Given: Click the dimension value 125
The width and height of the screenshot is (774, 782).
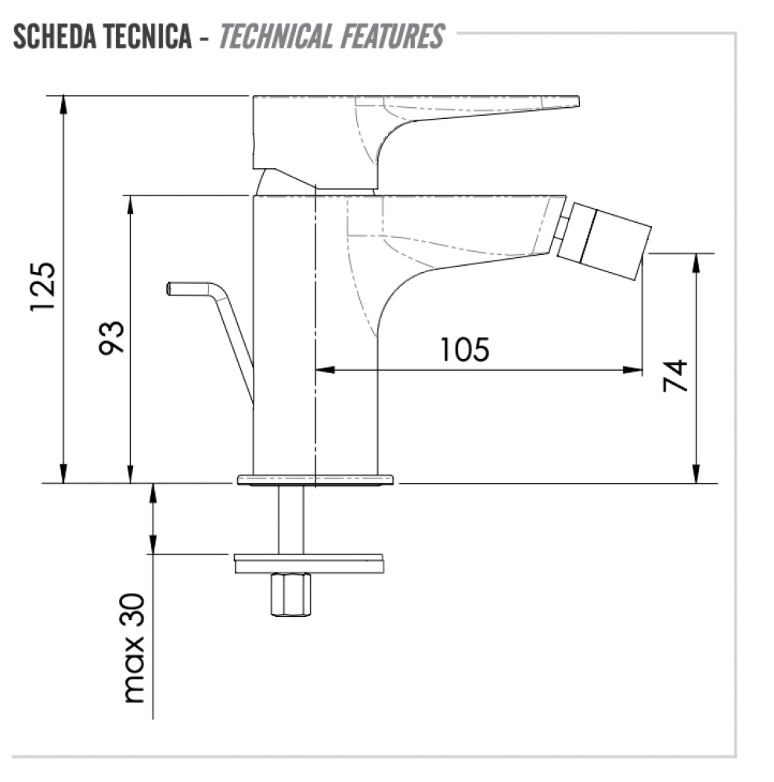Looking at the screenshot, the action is [43, 287].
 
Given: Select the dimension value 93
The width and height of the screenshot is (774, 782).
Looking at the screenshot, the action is [111, 338].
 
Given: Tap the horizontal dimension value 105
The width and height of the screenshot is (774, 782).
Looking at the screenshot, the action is [464, 349].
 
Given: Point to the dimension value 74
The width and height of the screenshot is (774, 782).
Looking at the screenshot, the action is [675, 375].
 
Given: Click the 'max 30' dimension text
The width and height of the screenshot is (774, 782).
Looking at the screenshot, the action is [134, 648].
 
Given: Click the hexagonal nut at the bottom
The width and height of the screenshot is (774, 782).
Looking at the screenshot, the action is [290, 594].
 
